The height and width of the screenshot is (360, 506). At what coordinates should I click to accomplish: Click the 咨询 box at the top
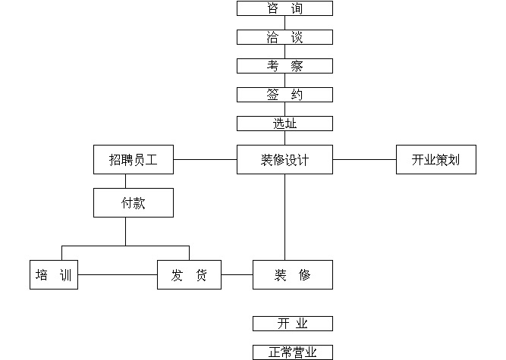click(x=284, y=8)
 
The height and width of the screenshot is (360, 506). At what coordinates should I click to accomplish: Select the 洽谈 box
click(x=284, y=37)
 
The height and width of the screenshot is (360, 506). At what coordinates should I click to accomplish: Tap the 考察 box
click(x=284, y=66)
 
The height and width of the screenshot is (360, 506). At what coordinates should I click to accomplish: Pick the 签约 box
click(x=284, y=95)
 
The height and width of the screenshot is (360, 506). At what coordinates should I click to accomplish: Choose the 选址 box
click(x=284, y=124)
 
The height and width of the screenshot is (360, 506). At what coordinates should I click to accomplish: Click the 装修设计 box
click(x=284, y=160)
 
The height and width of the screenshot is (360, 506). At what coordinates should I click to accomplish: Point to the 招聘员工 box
click(x=134, y=160)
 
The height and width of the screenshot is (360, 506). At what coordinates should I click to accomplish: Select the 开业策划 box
click(x=435, y=160)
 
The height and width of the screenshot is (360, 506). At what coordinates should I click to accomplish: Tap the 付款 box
click(x=134, y=203)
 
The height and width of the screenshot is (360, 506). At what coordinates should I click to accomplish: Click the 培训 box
click(x=54, y=275)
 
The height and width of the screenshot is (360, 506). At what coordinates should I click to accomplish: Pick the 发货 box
click(x=189, y=275)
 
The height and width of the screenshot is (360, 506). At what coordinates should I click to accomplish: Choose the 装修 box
click(x=292, y=275)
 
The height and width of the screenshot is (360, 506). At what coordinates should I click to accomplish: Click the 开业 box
click(x=292, y=324)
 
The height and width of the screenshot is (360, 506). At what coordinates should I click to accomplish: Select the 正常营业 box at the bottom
click(x=292, y=352)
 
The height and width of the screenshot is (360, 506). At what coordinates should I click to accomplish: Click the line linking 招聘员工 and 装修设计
click(x=205, y=160)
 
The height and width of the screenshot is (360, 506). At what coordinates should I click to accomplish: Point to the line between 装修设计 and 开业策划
click(x=364, y=160)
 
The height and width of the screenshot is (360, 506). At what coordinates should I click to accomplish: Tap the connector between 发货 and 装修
click(x=237, y=275)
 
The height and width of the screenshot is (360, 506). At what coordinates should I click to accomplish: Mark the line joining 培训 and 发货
click(x=118, y=275)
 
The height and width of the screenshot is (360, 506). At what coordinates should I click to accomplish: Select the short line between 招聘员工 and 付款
click(x=126, y=181)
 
